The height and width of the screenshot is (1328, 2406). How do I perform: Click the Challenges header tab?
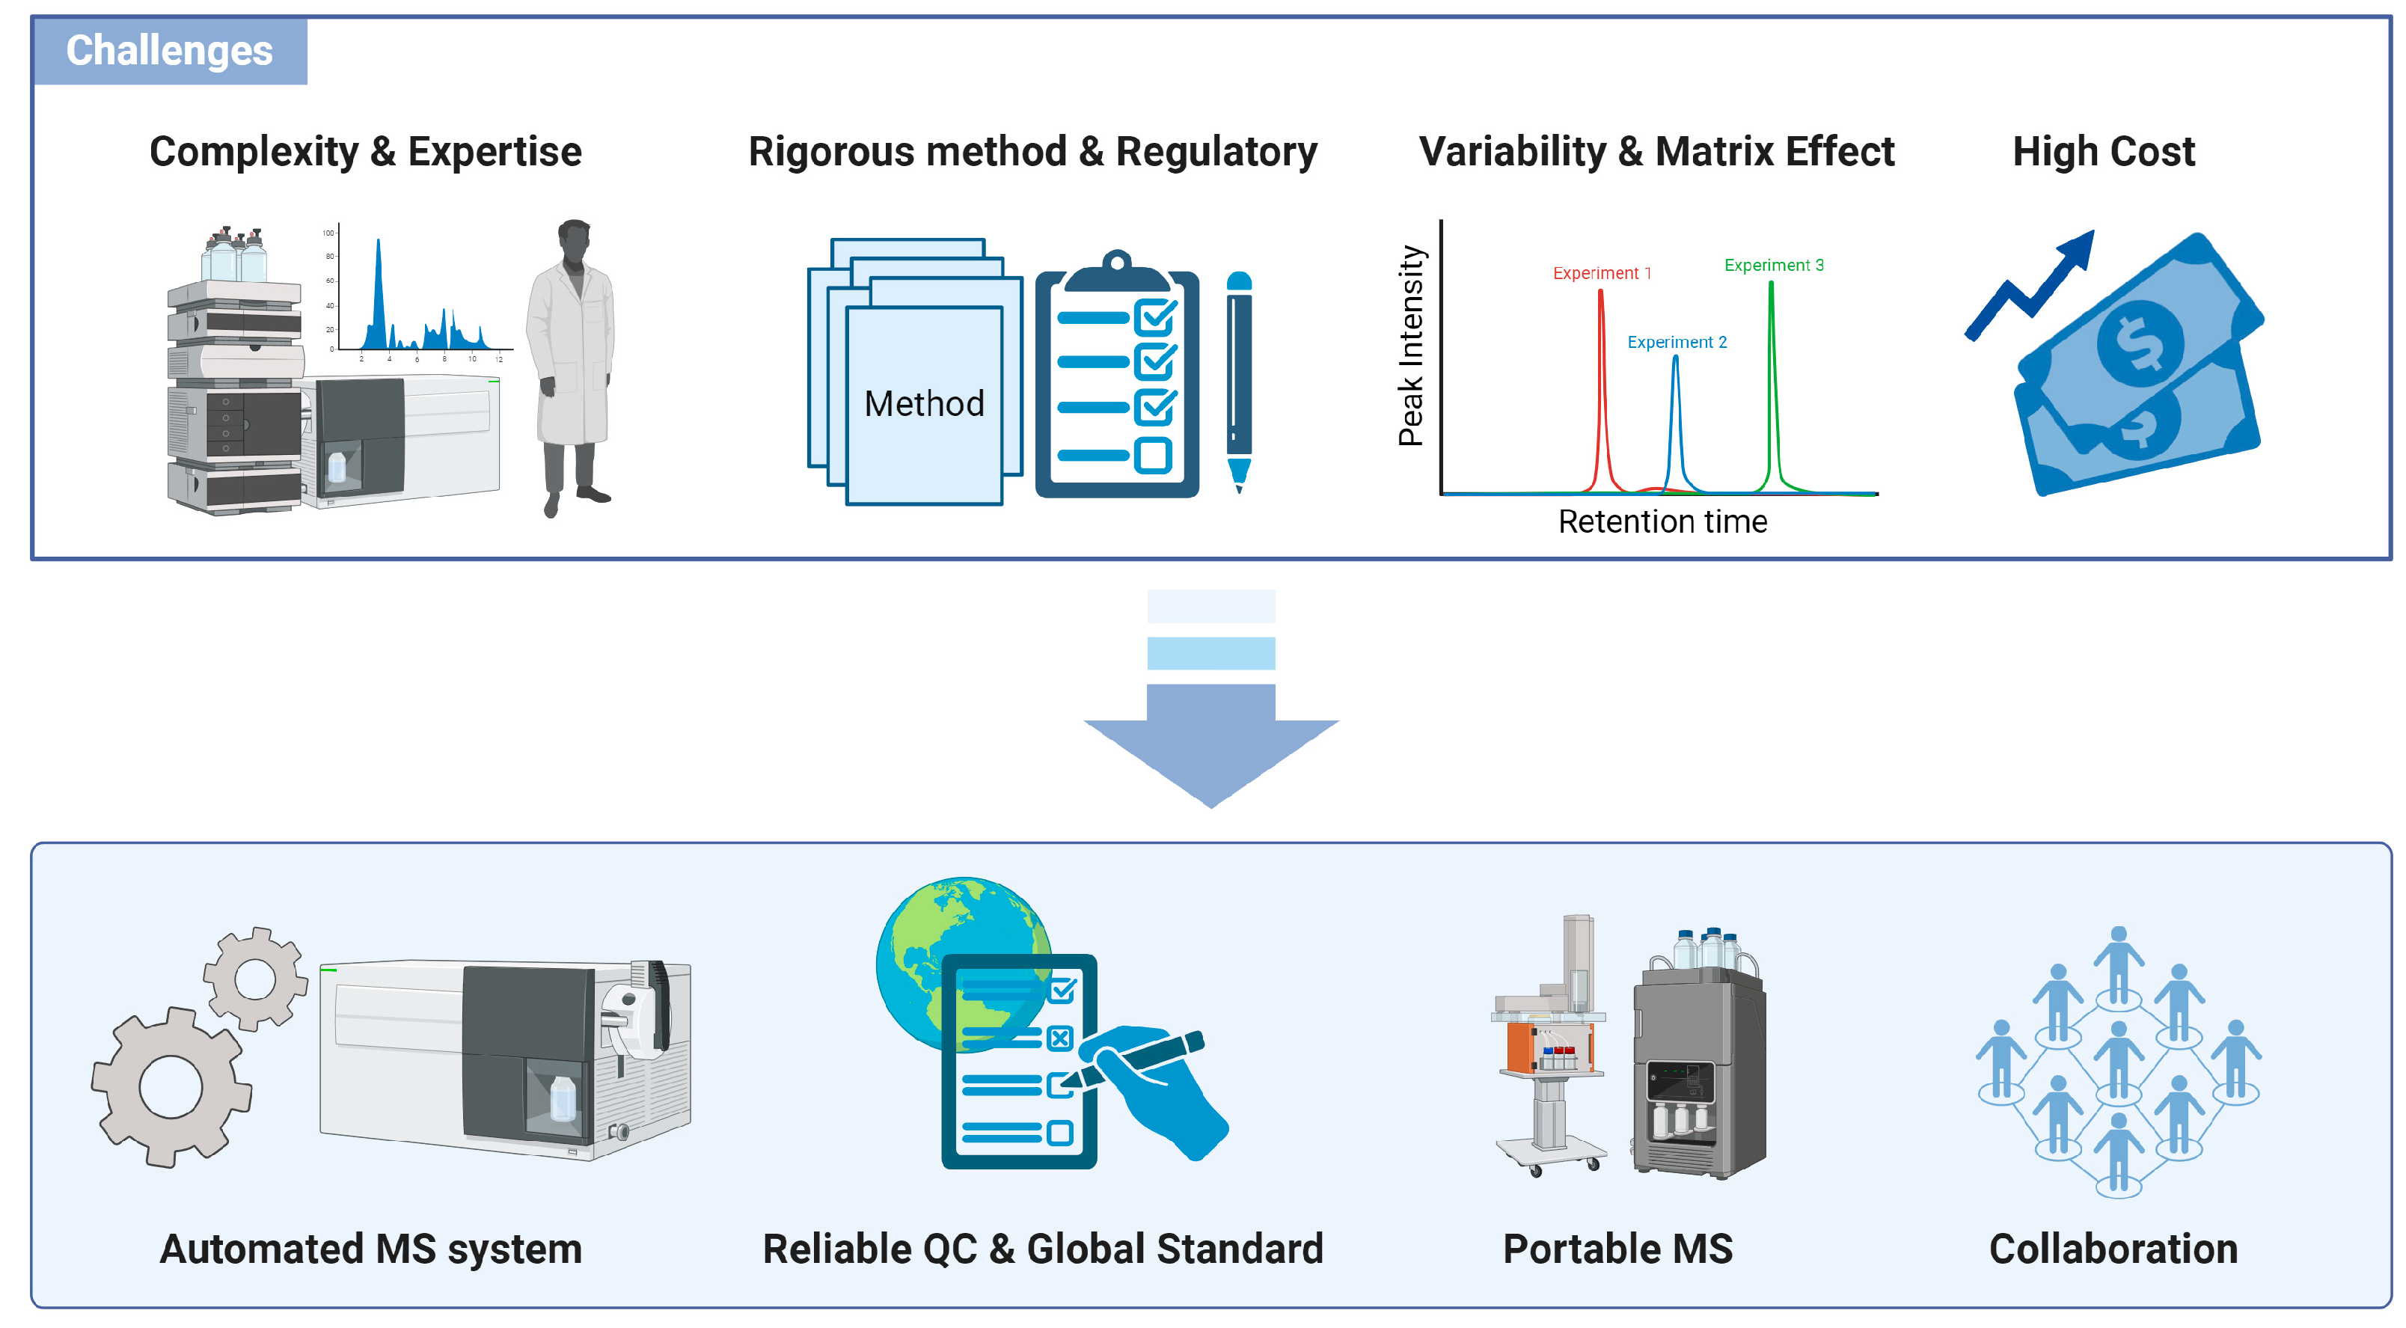coord(169,50)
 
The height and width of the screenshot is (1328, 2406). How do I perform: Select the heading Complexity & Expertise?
coord(365,151)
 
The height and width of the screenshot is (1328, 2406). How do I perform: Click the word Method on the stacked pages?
coord(924,403)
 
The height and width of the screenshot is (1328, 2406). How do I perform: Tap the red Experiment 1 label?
coord(1602,272)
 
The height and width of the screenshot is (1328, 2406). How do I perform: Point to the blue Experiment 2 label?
coord(1677,342)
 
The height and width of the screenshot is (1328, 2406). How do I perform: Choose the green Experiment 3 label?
coord(1774,266)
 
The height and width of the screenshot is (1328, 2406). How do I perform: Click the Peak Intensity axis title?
coord(1410,346)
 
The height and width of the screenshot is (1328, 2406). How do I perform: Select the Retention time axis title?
coord(1662,521)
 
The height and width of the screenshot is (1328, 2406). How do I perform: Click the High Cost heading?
coord(2104,151)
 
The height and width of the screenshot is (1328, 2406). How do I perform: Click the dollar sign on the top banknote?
coord(2140,343)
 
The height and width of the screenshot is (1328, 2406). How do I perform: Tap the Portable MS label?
coord(1617,1249)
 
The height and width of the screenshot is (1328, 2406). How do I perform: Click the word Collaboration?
coord(2113,1249)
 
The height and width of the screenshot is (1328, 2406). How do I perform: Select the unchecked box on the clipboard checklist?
coord(1154,456)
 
